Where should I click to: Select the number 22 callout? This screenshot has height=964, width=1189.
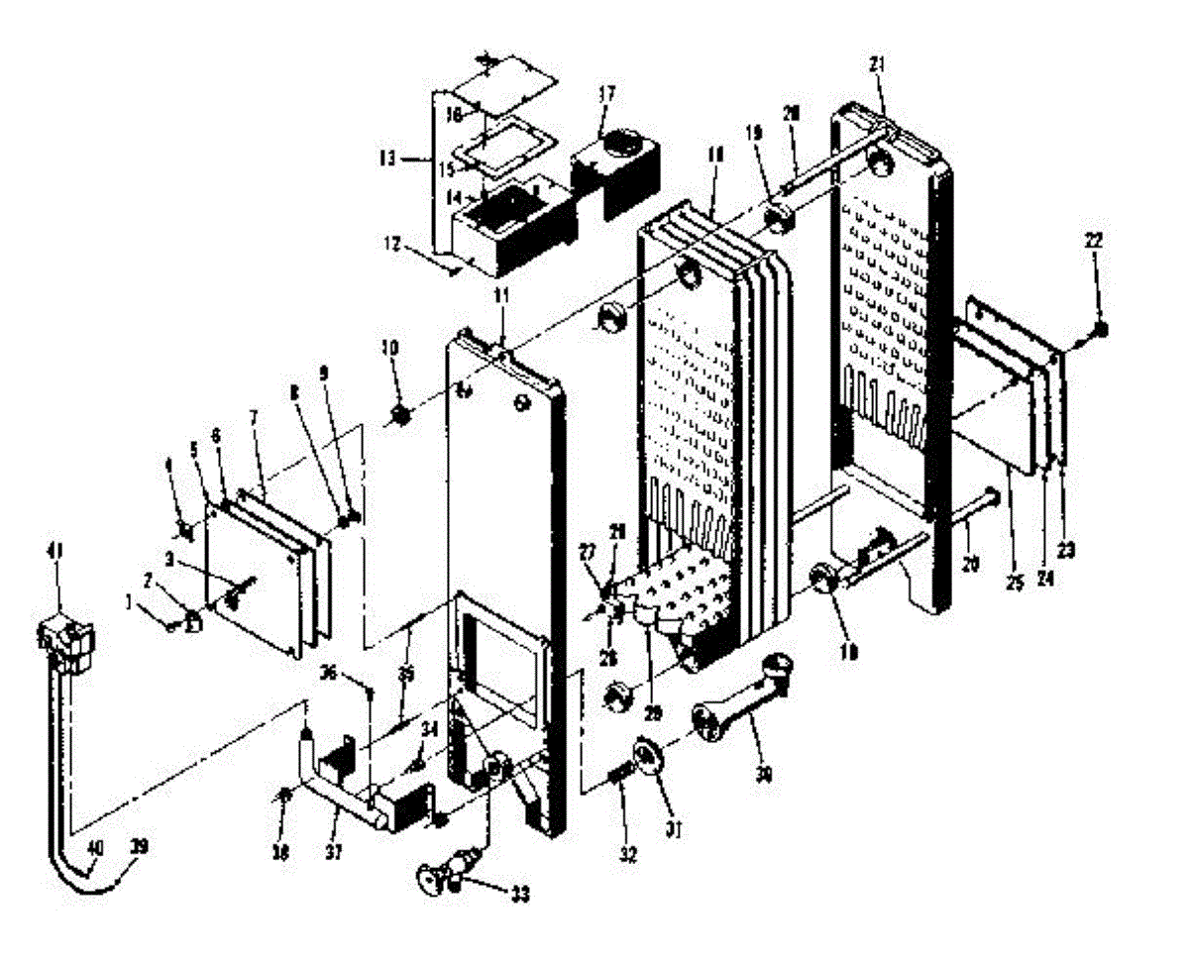point(1093,241)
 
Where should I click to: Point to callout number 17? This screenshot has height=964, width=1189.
point(606,95)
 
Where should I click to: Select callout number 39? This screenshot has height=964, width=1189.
point(139,845)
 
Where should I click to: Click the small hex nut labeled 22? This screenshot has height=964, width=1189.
point(1102,329)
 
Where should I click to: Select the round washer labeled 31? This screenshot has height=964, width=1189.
point(649,756)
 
